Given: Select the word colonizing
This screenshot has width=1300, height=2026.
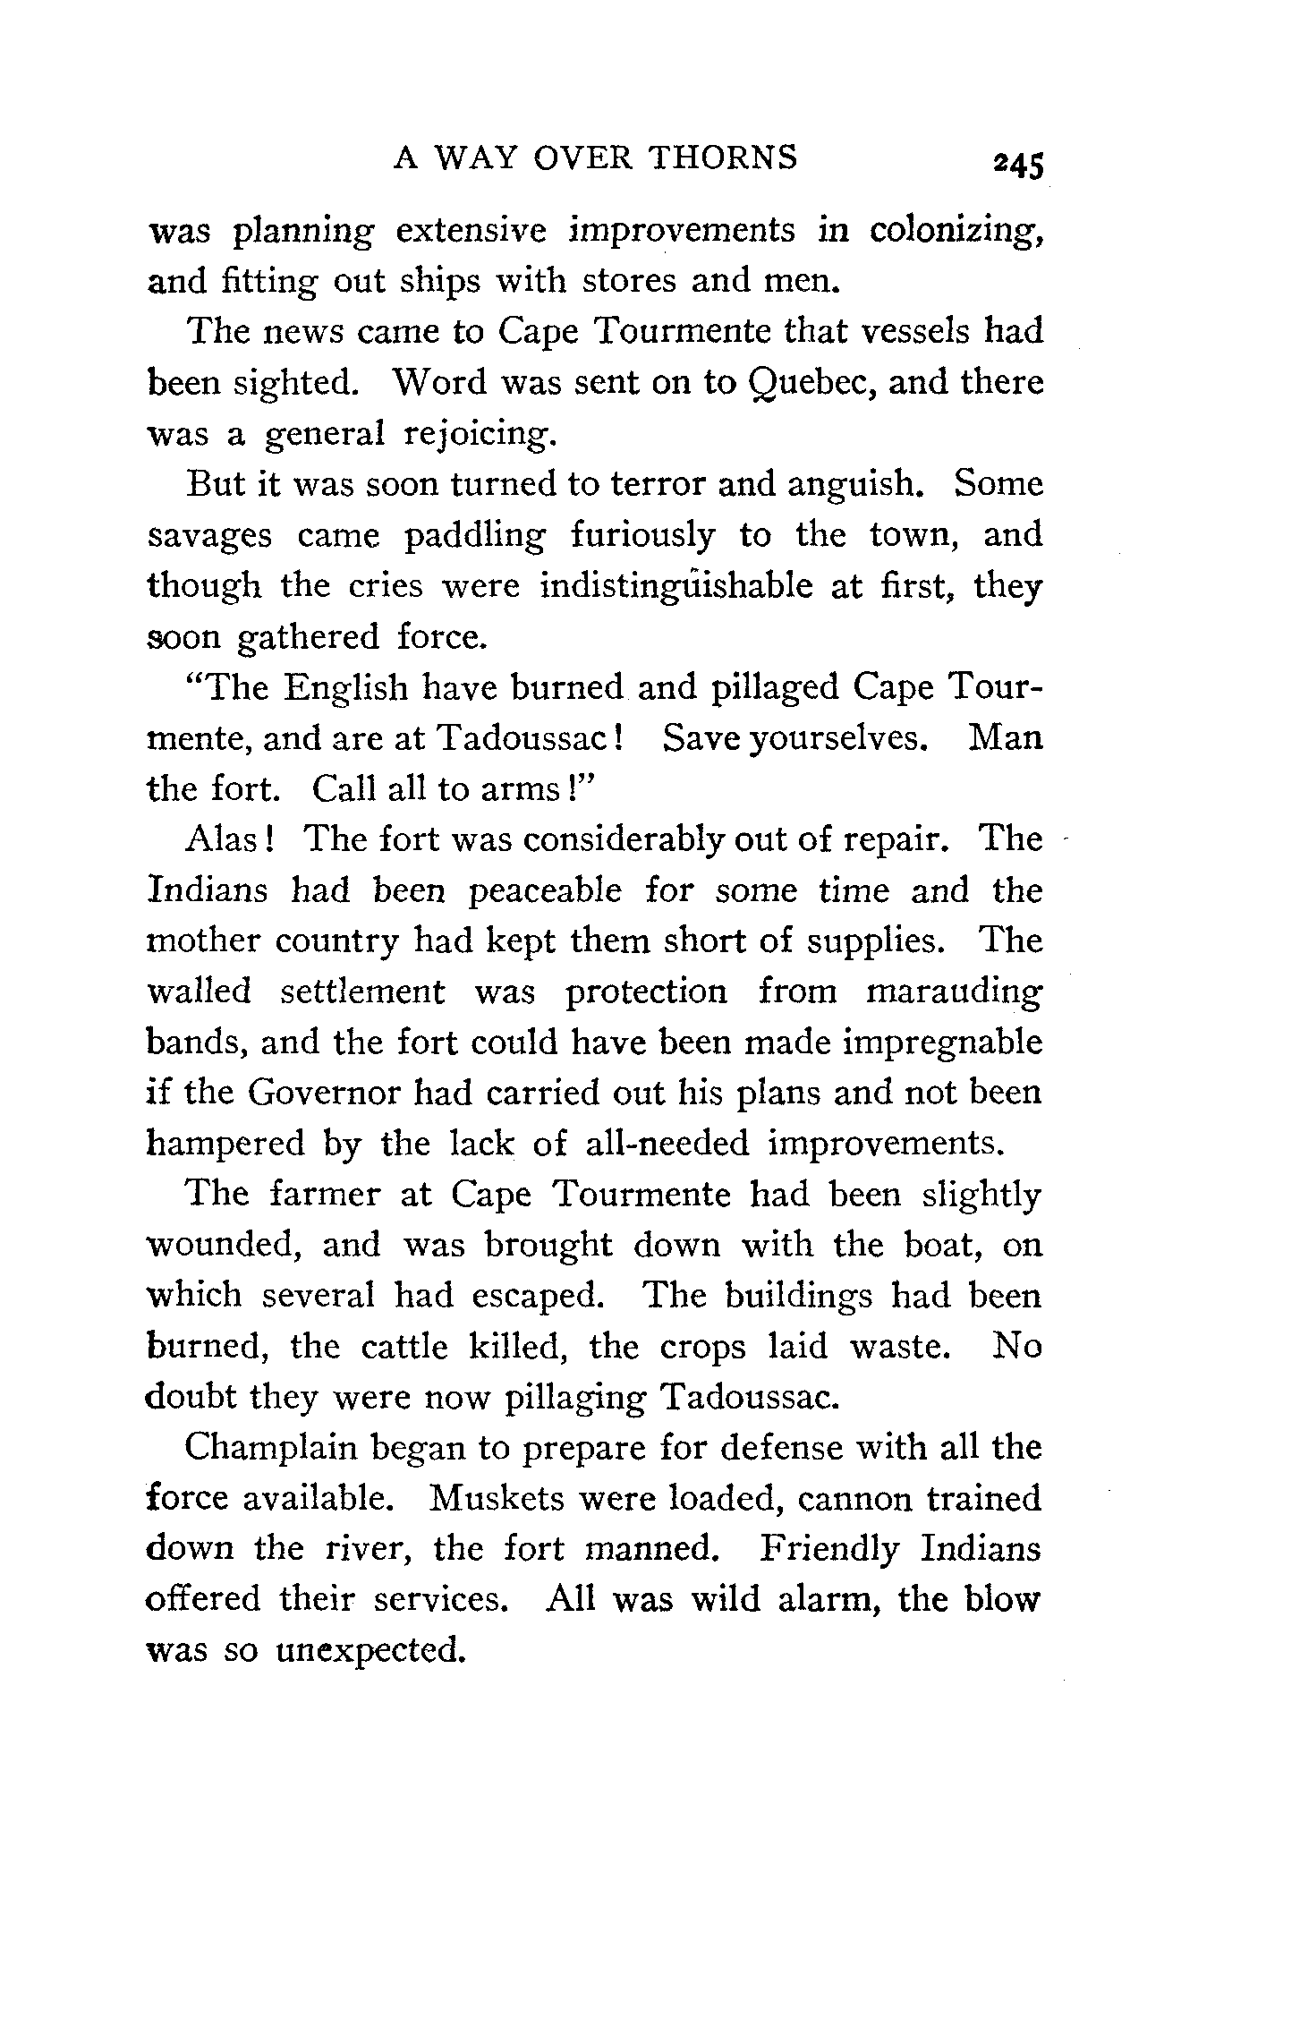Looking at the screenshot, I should [x=955, y=232].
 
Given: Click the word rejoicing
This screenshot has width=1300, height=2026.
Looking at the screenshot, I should [x=480, y=436].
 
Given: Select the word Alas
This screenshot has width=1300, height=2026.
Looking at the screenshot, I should [x=228, y=839].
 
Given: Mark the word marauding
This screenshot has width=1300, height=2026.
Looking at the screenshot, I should [x=954, y=993].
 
